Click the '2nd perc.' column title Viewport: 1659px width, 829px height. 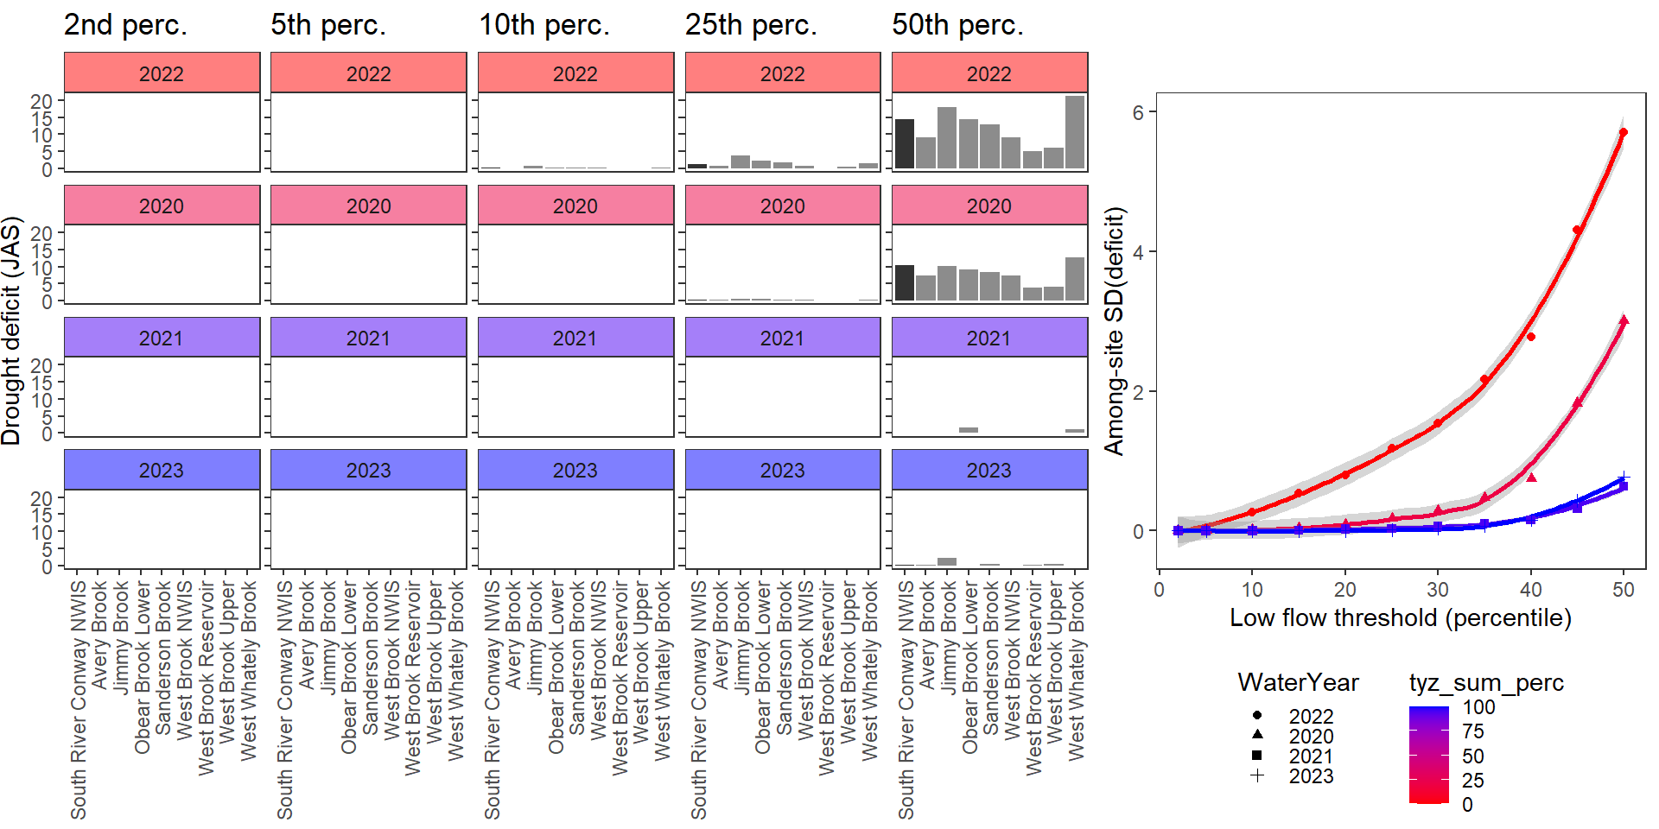click(x=125, y=25)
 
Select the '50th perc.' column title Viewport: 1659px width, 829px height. click(x=957, y=25)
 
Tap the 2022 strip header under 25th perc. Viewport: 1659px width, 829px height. click(x=782, y=73)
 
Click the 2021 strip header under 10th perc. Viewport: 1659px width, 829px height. click(x=575, y=338)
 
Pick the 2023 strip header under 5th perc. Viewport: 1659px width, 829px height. click(x=368, y=470)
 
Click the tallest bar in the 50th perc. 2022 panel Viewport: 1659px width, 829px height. click(x=1075, y=132)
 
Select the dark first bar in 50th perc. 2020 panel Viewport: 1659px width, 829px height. click(x=905, y=283)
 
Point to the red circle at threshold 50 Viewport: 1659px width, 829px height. click(x=1624, y=133)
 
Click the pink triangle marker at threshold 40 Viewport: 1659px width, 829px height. click(x=1531, y=477)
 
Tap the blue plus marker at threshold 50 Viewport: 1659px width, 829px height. click(x=1624, y=477)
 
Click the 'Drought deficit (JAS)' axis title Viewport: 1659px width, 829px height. click(x=11, y=331)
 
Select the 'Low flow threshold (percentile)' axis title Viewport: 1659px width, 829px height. click(x=1400, y=618)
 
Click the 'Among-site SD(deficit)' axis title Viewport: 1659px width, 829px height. click(x=1115, y=331)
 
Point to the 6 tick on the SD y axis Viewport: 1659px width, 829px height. click(x=1138, y=112)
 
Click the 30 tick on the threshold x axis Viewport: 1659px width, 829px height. click(x=1438, y=590)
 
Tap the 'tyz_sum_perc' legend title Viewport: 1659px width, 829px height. click(x=1486, y=683)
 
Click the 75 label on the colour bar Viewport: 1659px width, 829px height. click(x=1473, y=731)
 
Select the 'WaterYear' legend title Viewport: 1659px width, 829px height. click(x=1298, y=683)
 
